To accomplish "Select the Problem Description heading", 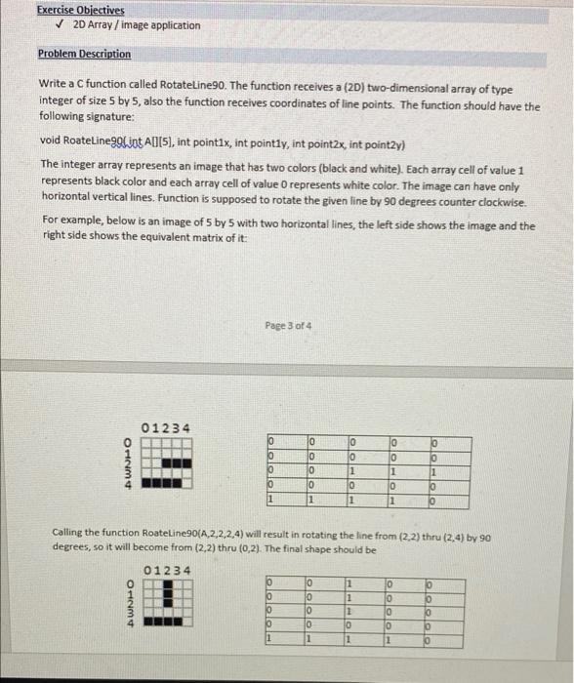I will (84, 54).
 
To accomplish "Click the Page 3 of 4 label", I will (287, 324).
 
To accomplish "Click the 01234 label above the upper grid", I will (167, 429).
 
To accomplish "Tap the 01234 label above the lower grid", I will (167, 570).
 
